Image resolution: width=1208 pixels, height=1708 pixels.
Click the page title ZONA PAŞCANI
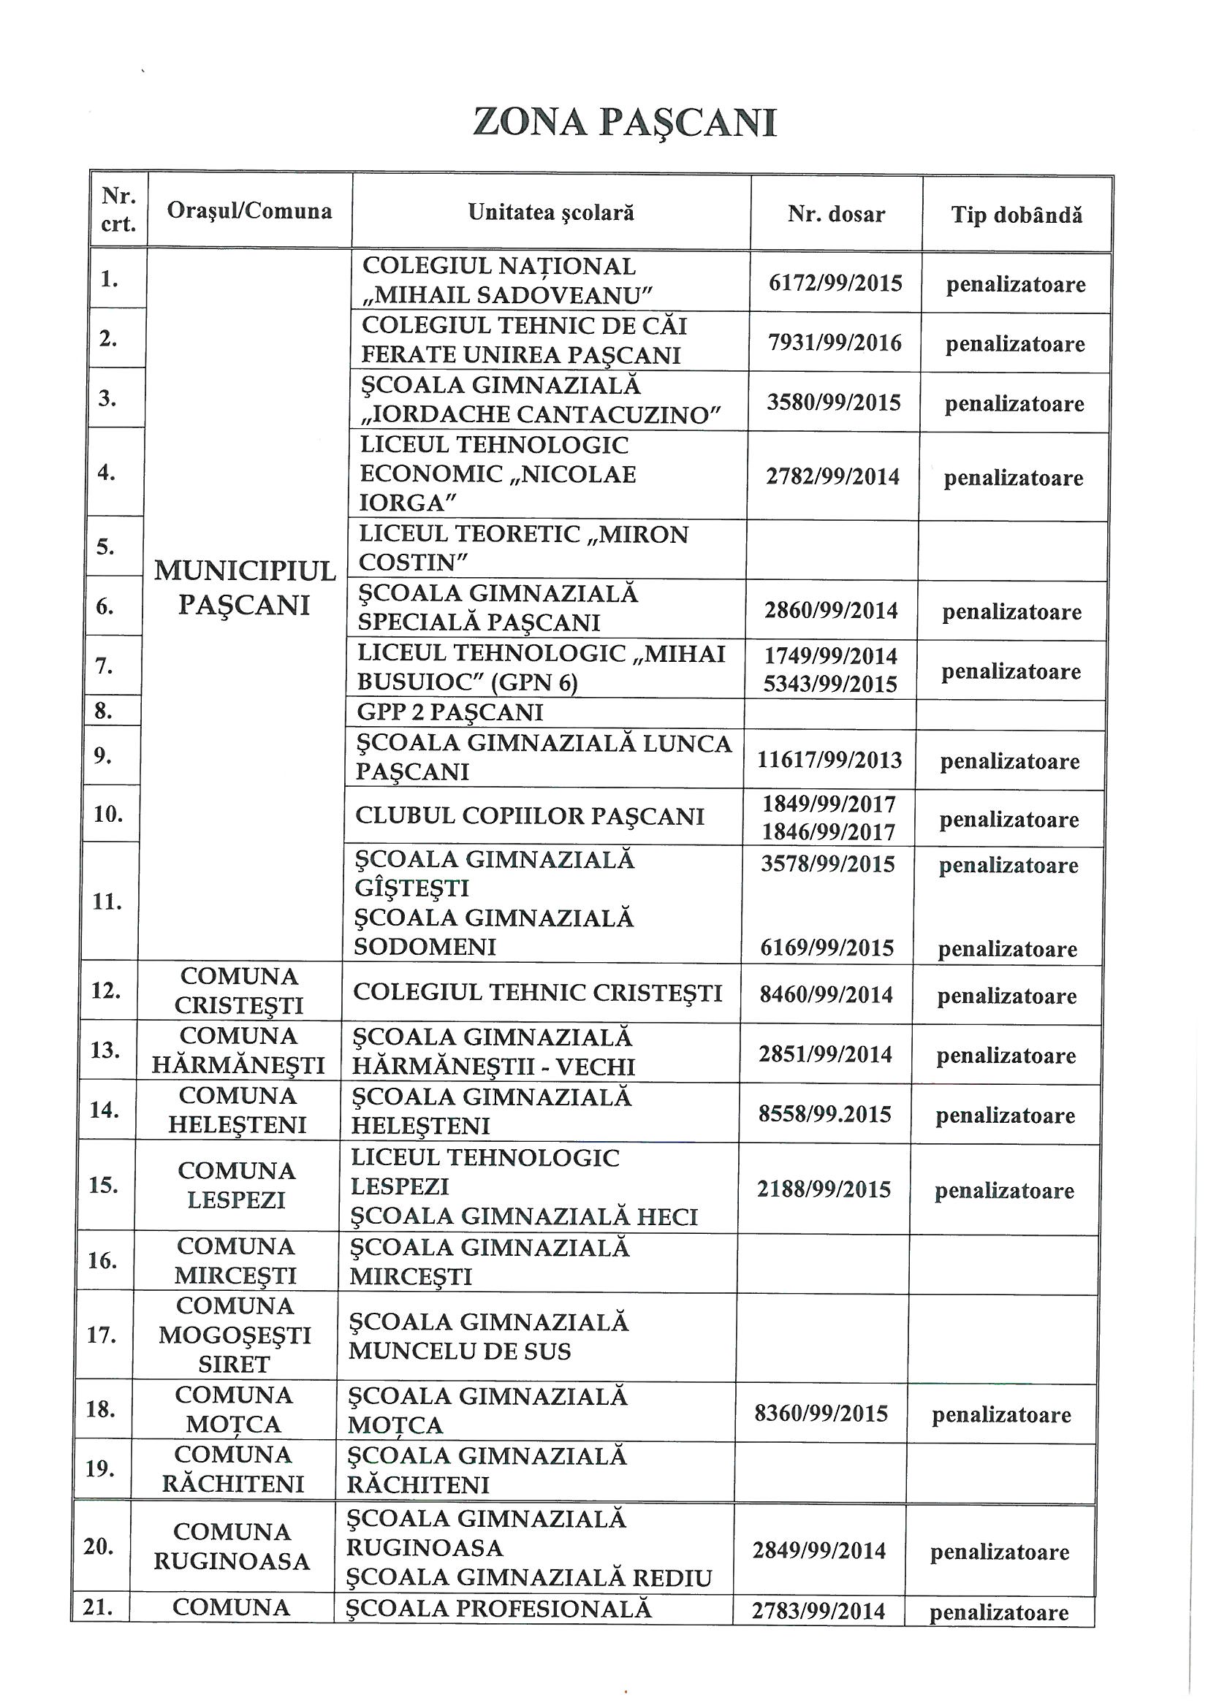pyautogui.click(x=625, y=123)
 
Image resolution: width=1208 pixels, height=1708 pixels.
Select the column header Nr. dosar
pyautogui.click(x=836, y=215)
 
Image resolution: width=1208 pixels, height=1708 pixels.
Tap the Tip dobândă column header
pyautogui.click(x=1016, y=216)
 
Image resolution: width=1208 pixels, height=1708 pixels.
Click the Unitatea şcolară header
pyautogui.click(x=551, y=213)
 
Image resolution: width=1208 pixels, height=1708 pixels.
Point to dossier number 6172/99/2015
pyautogui.click(x=835, y=283)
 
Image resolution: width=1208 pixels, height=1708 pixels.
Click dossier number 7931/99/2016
pyautogui.click(x=835, y=343)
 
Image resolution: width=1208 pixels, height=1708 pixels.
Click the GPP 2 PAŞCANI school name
pyautogui.click(x=449, y=713)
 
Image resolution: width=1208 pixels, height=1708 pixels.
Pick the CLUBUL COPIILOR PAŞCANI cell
pyautogui.click(x=529, y=816)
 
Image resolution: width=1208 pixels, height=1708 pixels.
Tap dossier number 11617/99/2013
pyautogui.click(x=829, y=760)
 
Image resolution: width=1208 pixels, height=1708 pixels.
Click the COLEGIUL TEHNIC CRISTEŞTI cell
pyautogui.click(x=537, y=993)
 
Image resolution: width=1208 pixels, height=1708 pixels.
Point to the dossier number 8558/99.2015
pyautogui.click(x=824, y=1113)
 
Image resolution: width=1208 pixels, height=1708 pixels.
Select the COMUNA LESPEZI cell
pyautogui.click(x=237, y=1185)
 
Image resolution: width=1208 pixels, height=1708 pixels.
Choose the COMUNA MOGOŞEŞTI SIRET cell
pyautogui.click(x=235, y=1335)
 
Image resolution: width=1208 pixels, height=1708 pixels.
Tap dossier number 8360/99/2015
pyautogui.click(x=821, y=1414)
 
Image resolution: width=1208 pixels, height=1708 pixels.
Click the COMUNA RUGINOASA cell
pyautogui.click(x=232, y=1547)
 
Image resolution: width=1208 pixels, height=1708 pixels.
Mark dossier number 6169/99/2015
pyautogui.click(x=827, y=948)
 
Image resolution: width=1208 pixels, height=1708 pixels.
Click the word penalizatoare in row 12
pyautogui.click(x=1006, y=996)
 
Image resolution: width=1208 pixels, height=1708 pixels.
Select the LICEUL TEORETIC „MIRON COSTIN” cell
pyautogui.click(x=523, y=548)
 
